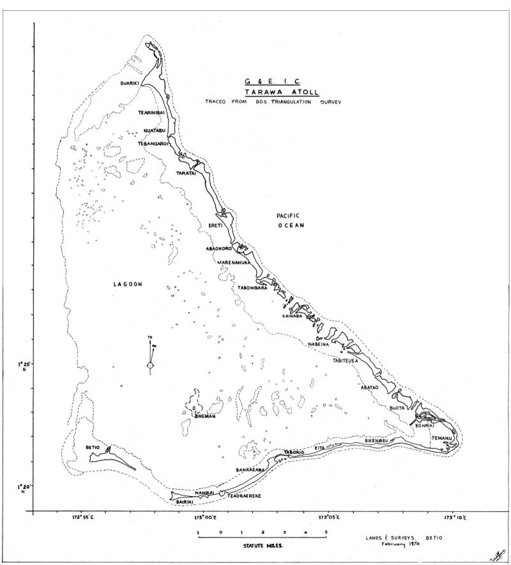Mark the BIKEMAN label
[x=204, y=417]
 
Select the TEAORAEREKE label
[x=245, y=496]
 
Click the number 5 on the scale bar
[x=326, y=532]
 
